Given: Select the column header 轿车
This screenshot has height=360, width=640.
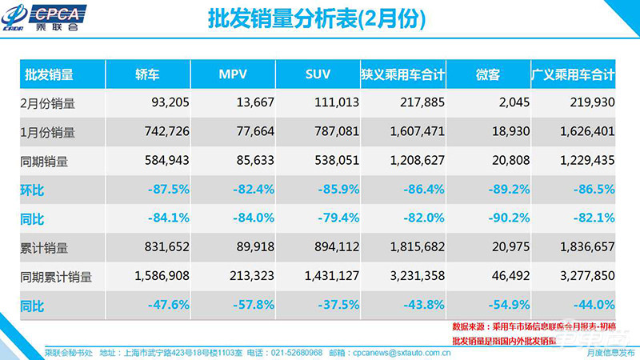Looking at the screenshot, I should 147,75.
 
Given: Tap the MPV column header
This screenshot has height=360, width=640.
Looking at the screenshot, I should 233,75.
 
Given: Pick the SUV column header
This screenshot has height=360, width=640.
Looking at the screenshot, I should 318,75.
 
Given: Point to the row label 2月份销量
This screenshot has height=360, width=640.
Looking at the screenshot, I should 48,103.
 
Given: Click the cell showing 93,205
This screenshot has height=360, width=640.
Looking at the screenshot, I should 167,103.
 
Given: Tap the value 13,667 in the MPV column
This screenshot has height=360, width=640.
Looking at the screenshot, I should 254,103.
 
